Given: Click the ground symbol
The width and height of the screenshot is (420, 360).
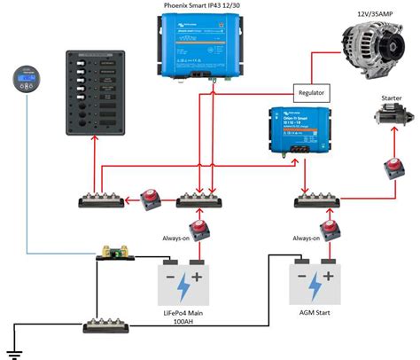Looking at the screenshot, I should coord(12,345).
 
